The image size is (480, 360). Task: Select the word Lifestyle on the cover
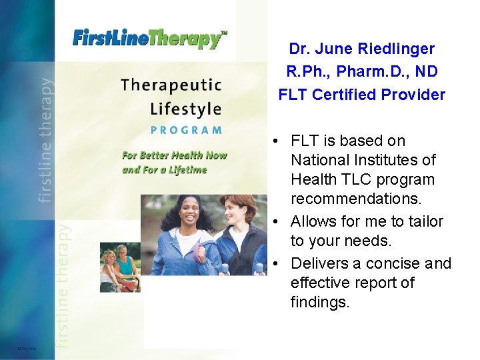185,108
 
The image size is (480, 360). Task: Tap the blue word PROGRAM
186,130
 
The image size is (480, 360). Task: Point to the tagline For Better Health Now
174,155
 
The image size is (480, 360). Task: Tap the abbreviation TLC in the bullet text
354,179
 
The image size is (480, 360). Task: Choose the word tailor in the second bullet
422,221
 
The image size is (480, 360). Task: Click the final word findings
319,302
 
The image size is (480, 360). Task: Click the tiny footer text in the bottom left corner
27,348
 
